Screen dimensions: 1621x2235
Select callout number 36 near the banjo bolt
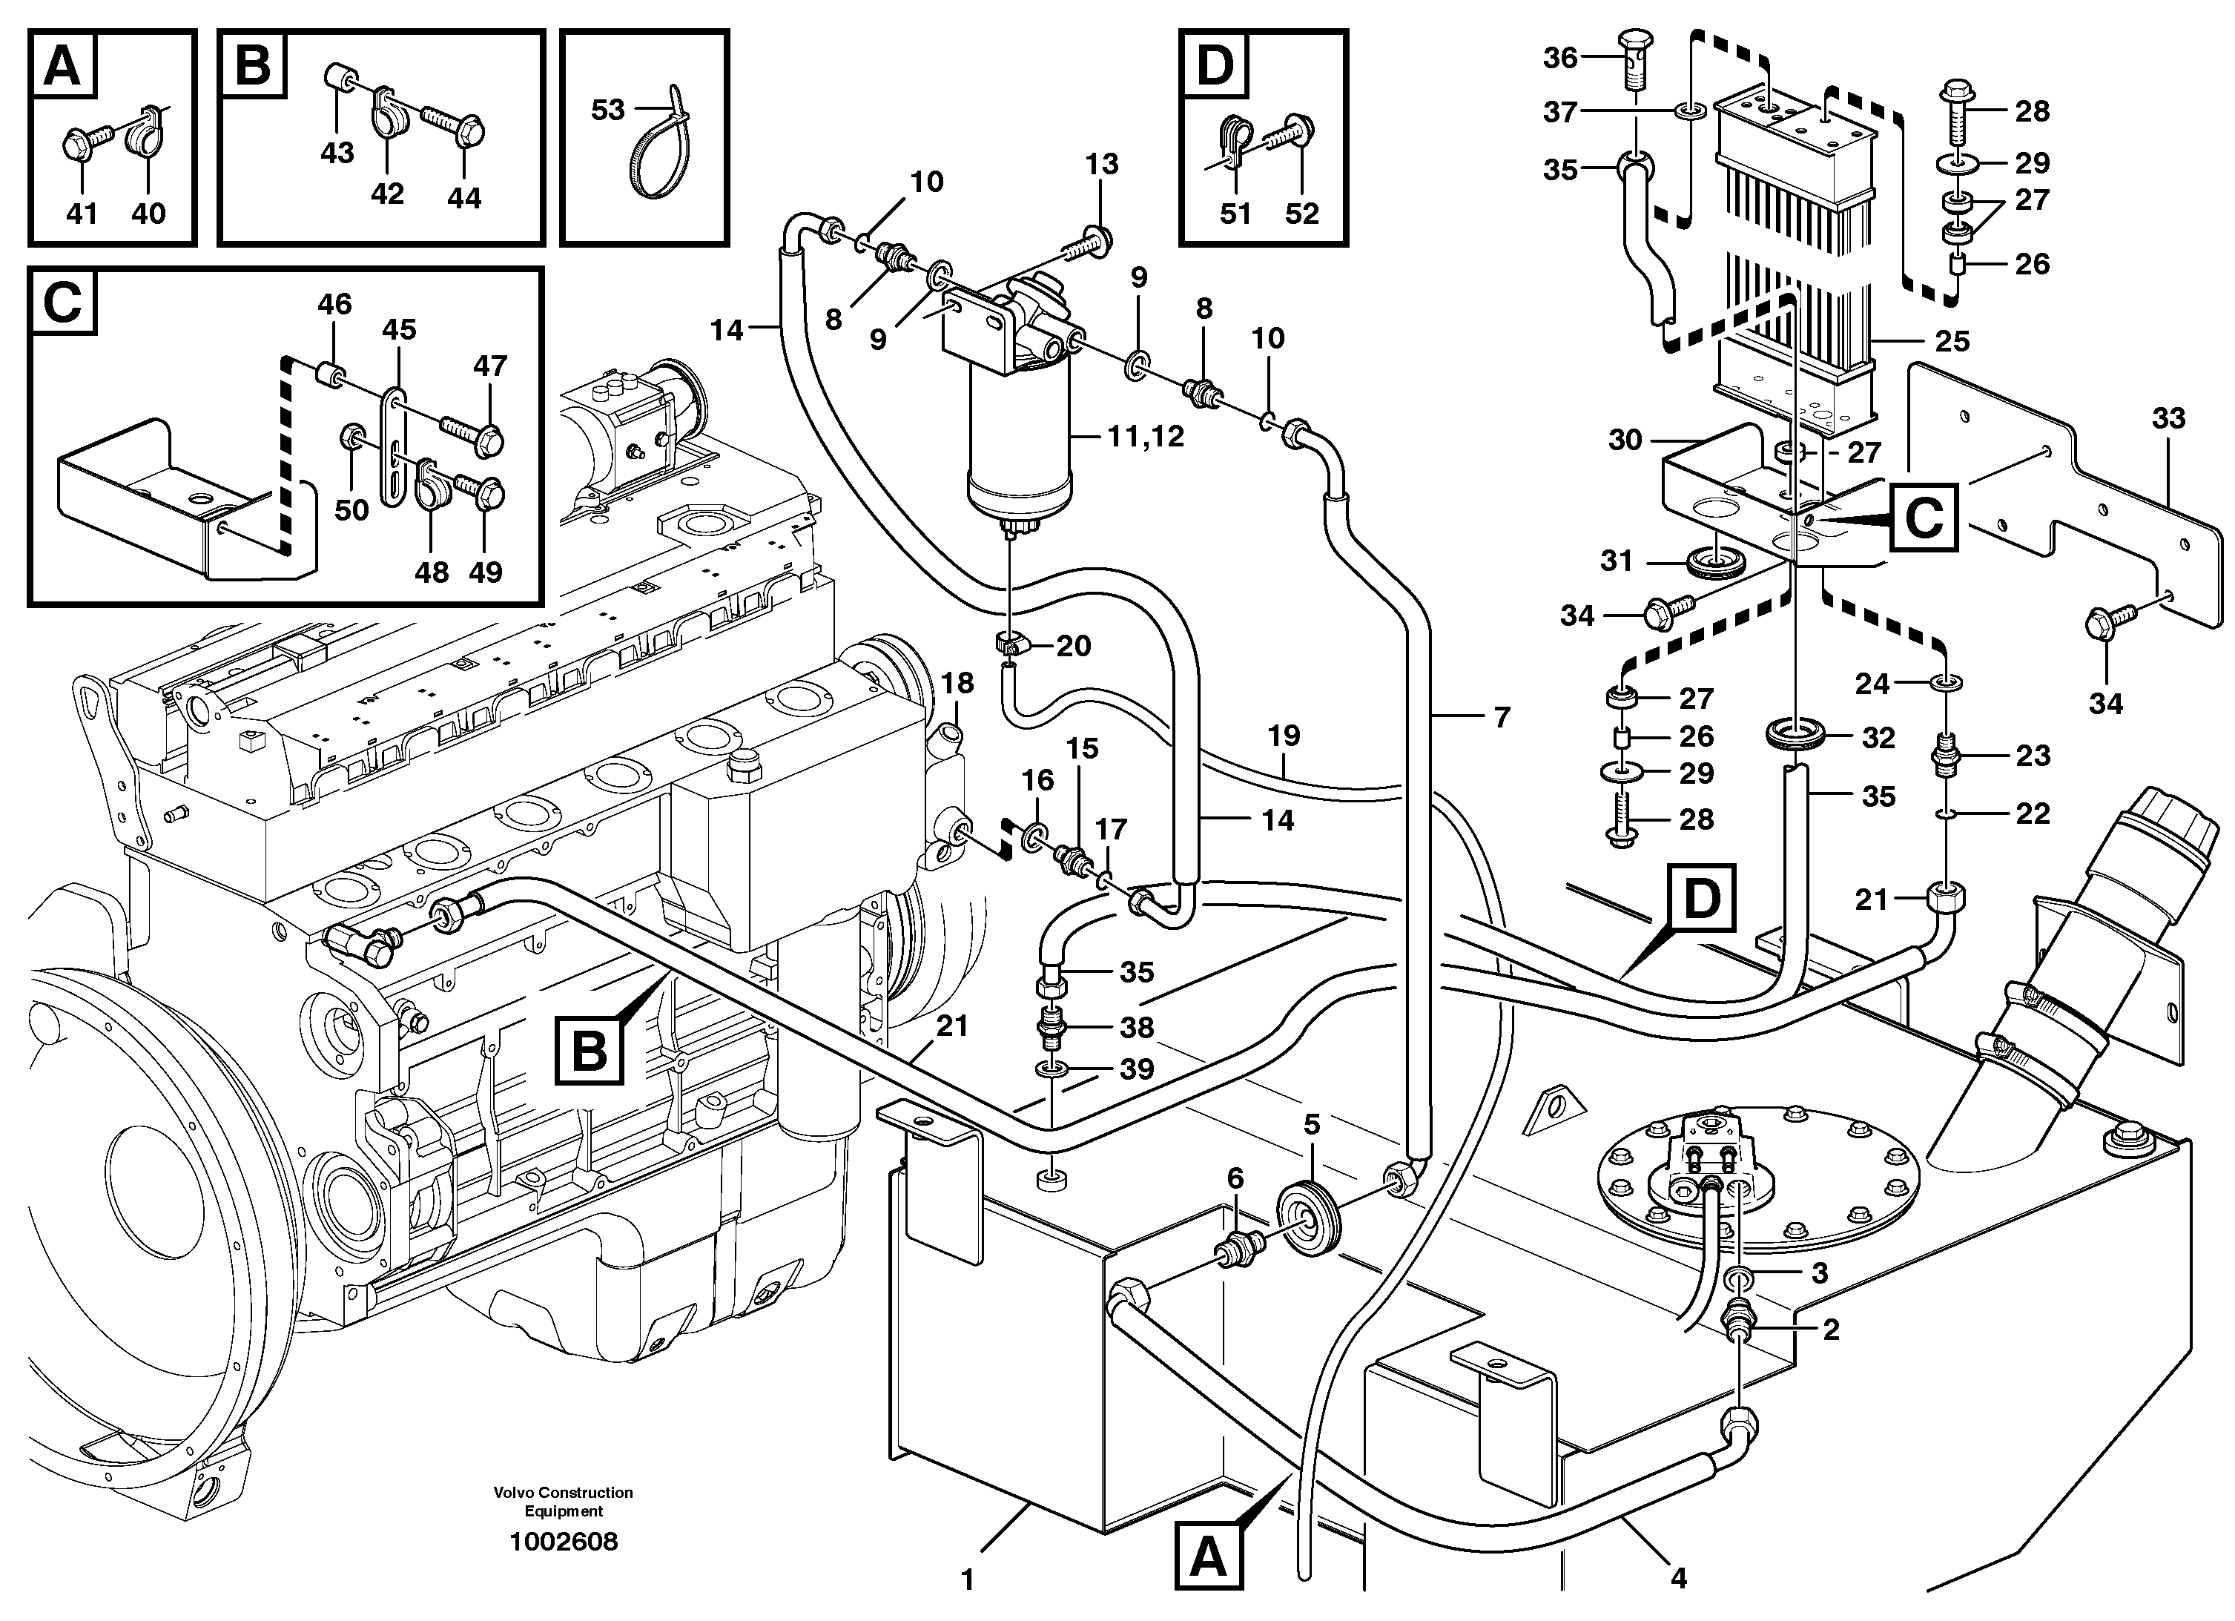pyautogui.click(x=1560, y=58)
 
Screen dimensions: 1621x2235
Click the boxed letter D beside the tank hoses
pyautogui.click(x=1702, y=898)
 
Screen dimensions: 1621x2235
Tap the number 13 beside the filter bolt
pyautogui.click(x=1102, y=165)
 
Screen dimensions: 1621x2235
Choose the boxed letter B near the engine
pyautogui.click(x=590, y=1051)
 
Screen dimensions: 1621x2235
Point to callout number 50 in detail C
pyautogui.click(x=351, y=509)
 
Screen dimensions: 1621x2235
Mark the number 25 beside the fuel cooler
pyautogui.click(x=1951, y=341)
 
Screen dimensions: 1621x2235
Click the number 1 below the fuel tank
pyautogui.click(x=967, y=1579)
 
